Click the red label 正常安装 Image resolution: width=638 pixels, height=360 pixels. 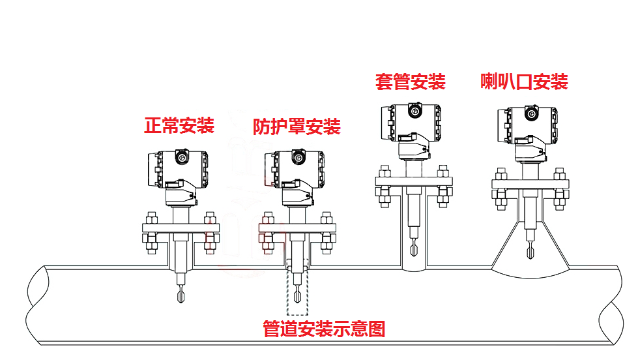pos(179,125)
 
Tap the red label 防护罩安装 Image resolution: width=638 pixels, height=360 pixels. pos(297,126)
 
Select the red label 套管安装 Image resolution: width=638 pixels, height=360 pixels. pos(410,82)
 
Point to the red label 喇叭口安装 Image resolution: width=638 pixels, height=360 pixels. pos(525,82)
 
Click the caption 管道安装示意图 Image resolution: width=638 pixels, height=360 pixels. pos(324,329)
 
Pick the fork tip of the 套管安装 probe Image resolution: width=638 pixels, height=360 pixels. pos(413,249)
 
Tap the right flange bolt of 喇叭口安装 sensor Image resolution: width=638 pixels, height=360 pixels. pos(559,188)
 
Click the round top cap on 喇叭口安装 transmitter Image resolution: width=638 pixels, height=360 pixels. pos(531,113)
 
